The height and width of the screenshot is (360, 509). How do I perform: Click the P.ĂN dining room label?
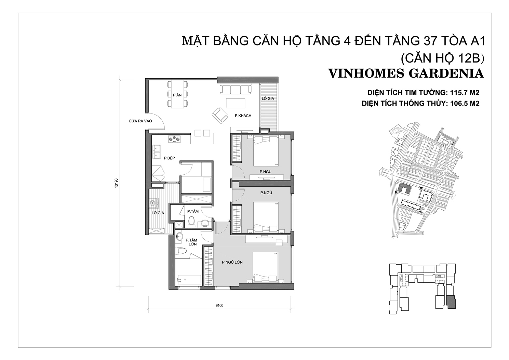pos(177,95)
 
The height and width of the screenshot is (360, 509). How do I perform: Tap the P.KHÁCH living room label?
pos(243,116)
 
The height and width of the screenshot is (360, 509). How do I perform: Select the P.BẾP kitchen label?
pos(169,158)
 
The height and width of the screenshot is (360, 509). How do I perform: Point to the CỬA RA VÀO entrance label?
pos(140,121)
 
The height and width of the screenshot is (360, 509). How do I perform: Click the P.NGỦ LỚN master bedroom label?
pos(232,262)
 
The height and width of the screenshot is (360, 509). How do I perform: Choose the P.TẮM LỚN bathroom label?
pos(191,242)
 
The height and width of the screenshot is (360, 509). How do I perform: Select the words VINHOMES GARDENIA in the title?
pos(406,74)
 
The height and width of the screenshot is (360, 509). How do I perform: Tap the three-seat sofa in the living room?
pos(236,89)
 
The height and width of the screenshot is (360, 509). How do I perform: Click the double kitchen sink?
pos(157,152)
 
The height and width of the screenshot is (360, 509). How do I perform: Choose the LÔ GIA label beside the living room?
pos(268,98)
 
